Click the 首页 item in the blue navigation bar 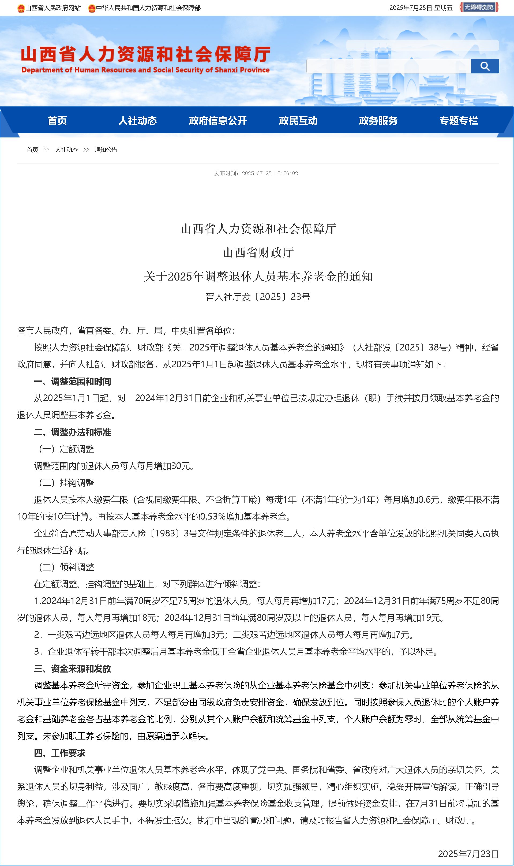(x=57, y=121)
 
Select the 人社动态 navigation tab (x=137, y=121)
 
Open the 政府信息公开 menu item (x=218, y=121)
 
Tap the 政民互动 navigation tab (x=298, y=121)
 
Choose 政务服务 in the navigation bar (x=378, y=121)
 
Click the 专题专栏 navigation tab (x=459, y=121)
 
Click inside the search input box (x=388, y=66)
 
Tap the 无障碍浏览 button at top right (x=479, y=7)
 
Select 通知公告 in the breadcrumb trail (x=106, y=150)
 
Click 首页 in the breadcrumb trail (x=33, y=150)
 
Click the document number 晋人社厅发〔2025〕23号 (x=258, y=297)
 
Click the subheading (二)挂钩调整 (x=66, y=483)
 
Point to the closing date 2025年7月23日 (x=468, y=854)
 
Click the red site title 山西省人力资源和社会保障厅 (x=145, y=54)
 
